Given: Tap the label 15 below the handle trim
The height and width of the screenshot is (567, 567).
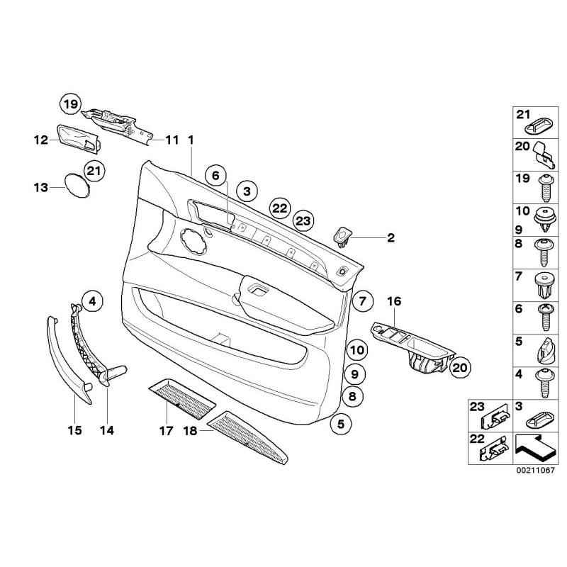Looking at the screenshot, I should coord(74,430).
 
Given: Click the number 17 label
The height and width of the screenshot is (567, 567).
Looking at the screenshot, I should coord(165,430).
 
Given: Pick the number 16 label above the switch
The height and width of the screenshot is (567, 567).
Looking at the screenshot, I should coord(393,302).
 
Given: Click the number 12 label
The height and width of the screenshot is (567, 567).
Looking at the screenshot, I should coord(40,140).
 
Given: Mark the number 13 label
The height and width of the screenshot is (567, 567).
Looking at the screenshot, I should coord(40,188).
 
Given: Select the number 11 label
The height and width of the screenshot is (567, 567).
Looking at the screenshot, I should coord(172,140).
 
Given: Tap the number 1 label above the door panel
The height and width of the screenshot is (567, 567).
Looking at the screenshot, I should coord(190,140).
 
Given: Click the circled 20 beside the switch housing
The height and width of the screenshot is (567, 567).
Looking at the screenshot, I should coord(460,367).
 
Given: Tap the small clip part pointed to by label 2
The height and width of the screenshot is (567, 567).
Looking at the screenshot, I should coord(344,235).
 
